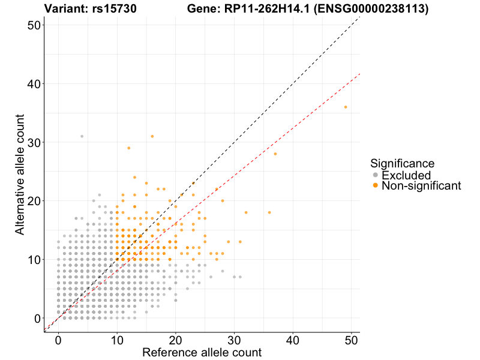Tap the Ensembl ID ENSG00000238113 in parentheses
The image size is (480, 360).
pyautogui.click(x=371, y=9)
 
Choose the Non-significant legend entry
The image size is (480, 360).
pyautogui.click(x=421, y=186)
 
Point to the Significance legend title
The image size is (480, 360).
pyautogui.click(x=402, y=163)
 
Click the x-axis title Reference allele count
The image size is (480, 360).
pyautogui.click(x=202, y=353)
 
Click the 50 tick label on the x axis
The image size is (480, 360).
pyautogui.click(x=352, y=340)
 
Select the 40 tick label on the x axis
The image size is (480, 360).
pyautogui.click(x=293, y=340)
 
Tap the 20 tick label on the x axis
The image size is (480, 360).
pyautogui.click(x=175, y=340)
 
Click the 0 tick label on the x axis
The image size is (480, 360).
pyautogui.click(x=58, y=340)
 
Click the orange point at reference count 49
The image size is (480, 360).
pyautogui.click(x=346, y=107)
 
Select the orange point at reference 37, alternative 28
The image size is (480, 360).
pyautogui.click(x=275, y=154)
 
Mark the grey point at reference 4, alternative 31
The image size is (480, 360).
pyautogui.click(x=82, y=136)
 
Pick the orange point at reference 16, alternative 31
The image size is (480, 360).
pyautogui.click(x=152, y=136)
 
